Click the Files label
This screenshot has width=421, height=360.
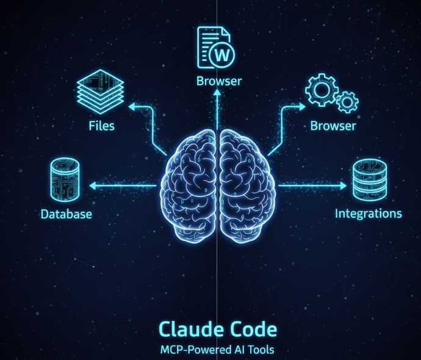pos(101,127)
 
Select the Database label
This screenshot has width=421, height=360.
pos(67,214)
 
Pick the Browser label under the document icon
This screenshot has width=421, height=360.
pos(219,81)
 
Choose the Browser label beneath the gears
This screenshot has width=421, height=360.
pos(333,127)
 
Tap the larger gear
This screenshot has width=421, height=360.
pos(321,92)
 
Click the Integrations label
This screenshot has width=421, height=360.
pos(369,214)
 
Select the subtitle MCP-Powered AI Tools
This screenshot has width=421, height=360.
pos(218,350)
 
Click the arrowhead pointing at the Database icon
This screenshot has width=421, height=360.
pos(92,185)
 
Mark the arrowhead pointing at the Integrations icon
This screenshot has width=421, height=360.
pos(346,185)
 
